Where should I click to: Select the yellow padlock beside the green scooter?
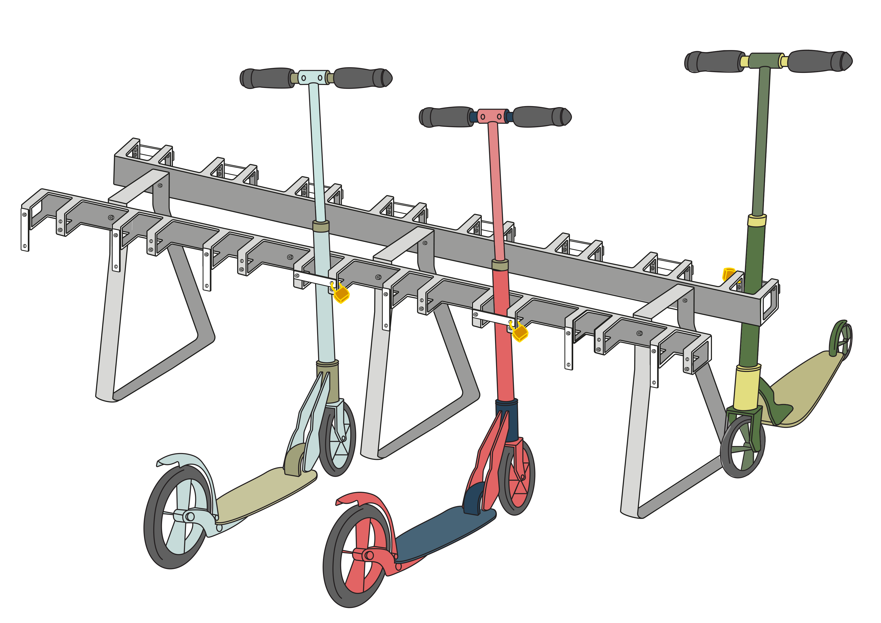click(x=728, y=275)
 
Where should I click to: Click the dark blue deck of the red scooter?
click(x=441, y=533)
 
